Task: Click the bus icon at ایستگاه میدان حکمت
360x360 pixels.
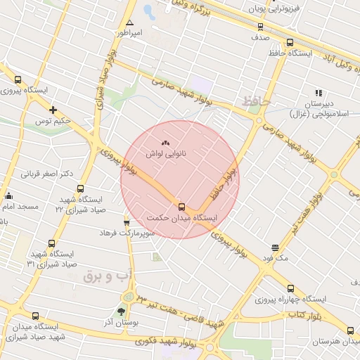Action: pyautogui.click(x=182, y=207)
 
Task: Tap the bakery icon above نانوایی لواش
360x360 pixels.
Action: pyautogui.click(x=166, y=143)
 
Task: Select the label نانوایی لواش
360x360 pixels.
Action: pyautogui.click(x=166, y=153)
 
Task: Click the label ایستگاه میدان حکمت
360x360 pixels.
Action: pyautogui.click(x=185, y=218)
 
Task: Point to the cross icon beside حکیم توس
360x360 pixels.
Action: pyautogui.click(x=53, y=109)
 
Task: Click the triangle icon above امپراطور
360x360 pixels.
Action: pyautogui.click(x=129, y=22)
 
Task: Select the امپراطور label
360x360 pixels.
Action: pyautogui.click(x=129, y=33)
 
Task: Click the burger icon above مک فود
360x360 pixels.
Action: pyautogui.click(x=274, y=247)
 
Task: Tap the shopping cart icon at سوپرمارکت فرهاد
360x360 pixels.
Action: pyautogui.click(x=127, y=221)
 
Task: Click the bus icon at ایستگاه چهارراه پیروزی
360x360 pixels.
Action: pyautogui.click(x=291, y=288)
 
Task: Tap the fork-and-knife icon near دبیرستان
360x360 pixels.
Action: pyautogui.click(x=319, y=92)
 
